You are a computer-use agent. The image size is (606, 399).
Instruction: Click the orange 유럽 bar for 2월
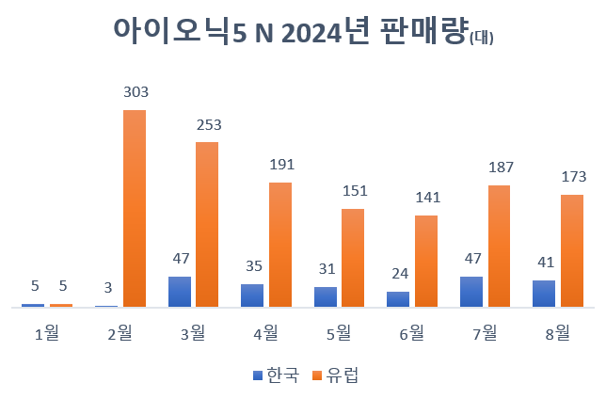[x=135, y=208]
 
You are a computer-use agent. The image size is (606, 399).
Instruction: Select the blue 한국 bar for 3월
[x=180, y=292]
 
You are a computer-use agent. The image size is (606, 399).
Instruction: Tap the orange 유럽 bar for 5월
[x=353, y=257]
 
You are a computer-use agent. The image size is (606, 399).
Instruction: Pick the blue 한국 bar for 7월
[x=471, y=292]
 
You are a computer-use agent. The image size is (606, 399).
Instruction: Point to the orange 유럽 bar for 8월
[x=572, y=250]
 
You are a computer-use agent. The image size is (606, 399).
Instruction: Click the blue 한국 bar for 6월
[x=398, y=299]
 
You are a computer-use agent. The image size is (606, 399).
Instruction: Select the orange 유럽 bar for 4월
[x=280, y=244]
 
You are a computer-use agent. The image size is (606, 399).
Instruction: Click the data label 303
[x=136, y=92]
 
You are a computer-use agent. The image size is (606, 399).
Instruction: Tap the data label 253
[x=208, y=124]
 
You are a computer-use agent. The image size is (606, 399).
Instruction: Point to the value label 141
[x=426, y=198]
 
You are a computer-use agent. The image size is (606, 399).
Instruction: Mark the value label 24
[x=398, y=274]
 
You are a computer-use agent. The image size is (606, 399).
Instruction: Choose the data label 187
[x=500, y=167]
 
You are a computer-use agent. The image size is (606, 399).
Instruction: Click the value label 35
[x=252, y=266]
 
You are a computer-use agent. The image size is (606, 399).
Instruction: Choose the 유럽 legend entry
[x=336, y=375]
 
